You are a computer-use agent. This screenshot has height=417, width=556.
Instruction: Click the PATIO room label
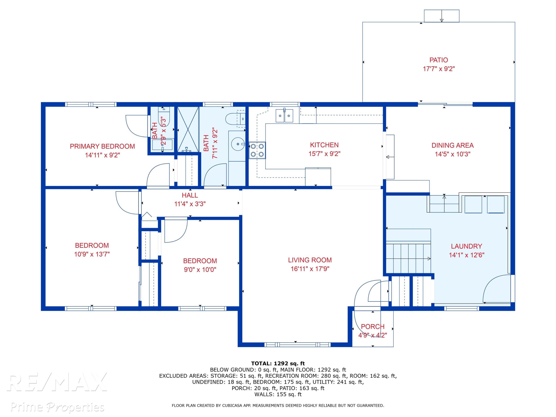click(439, 60)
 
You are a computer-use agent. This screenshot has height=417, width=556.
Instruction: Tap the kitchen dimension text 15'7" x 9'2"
click(324, 154)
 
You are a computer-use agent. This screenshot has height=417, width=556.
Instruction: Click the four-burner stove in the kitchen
click(257, 150)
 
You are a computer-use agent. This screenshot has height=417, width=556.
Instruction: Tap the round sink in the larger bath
click(238, 144)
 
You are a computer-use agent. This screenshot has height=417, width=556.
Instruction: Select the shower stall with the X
click(188, 129)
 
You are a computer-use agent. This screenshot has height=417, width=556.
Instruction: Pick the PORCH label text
click(373, 327)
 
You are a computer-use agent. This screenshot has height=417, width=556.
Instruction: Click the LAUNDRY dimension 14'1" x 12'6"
click(466, 255)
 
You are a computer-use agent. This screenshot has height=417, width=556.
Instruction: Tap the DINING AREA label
click(452, 145)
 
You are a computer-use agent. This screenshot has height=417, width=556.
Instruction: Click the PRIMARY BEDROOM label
click(102, 146)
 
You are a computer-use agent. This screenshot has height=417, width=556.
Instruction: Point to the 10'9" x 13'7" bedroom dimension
click(92, 254)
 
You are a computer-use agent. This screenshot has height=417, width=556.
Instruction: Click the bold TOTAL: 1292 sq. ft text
click(278, 363)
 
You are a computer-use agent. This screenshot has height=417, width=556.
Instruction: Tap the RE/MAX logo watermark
click(57, 382)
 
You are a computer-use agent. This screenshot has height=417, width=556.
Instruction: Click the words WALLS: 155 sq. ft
click(278, 394)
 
